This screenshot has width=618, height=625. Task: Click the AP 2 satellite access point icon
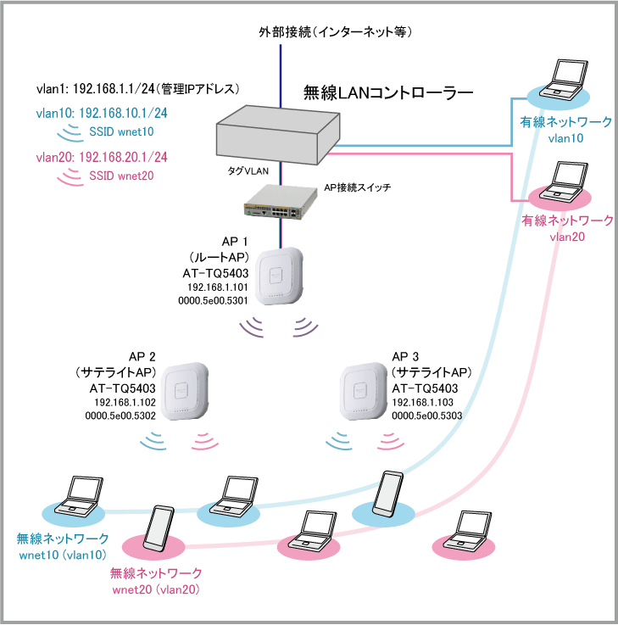tap(187, 391)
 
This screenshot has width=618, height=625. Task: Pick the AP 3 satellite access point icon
tap(363, 391)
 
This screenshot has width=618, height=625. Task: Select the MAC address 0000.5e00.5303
tap(426, 416)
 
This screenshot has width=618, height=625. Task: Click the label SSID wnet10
tap(121, 131)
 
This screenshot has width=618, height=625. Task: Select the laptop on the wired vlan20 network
tap(562, 181)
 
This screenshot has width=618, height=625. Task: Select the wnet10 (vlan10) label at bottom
tap(62, 555)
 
